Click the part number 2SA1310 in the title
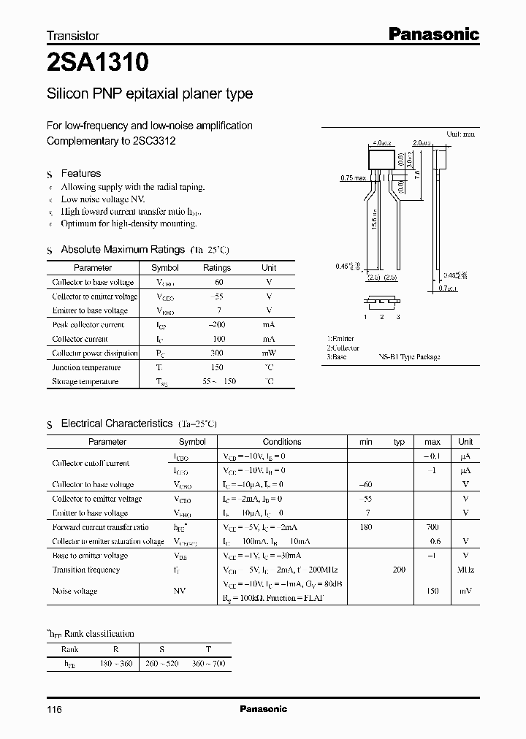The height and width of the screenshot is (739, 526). coord(98,64)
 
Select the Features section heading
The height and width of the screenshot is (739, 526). coord(80,173)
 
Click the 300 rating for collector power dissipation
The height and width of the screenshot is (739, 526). coord(216,353)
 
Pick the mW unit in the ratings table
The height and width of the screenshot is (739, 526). coord(269,353)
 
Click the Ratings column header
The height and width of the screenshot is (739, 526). coord(216,268)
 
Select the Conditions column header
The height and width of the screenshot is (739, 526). coord(281,442)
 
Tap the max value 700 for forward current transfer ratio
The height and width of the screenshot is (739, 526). coord(432,527)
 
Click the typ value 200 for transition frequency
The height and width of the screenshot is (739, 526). coord(399,570)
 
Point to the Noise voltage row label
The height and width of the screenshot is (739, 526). coord(75,591)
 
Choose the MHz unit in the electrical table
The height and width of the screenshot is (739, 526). coord(465,570)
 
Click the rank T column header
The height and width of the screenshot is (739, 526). coord(208,648)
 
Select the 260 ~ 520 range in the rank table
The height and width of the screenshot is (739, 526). coord(162,664)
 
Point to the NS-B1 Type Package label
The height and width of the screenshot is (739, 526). coord(409,357)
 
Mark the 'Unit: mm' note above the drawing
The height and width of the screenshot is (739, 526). coord(461,134)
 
